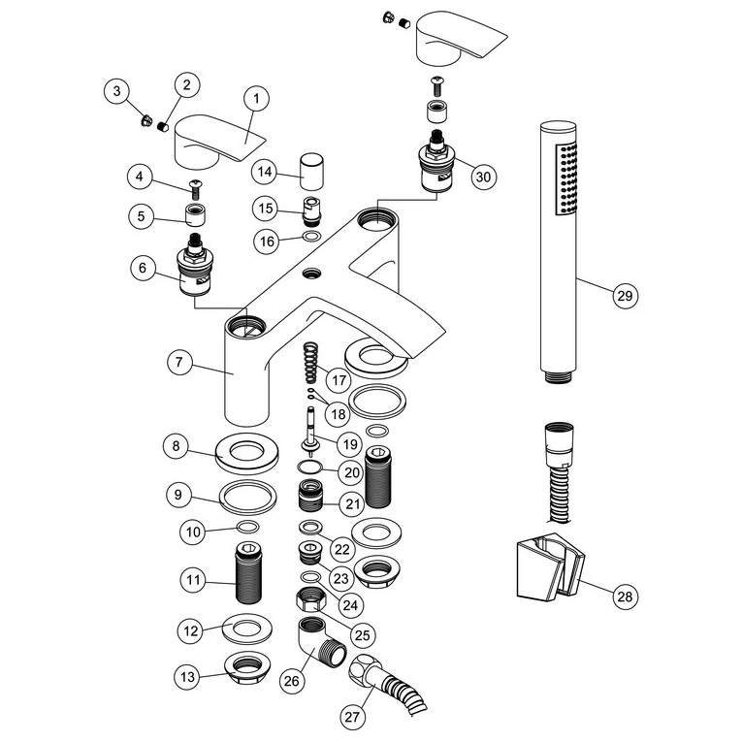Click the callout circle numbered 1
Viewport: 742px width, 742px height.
pyautogui.click(x=256, y=98)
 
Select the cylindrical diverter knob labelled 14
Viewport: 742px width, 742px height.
pyautogui.click(x=312, y=172)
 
